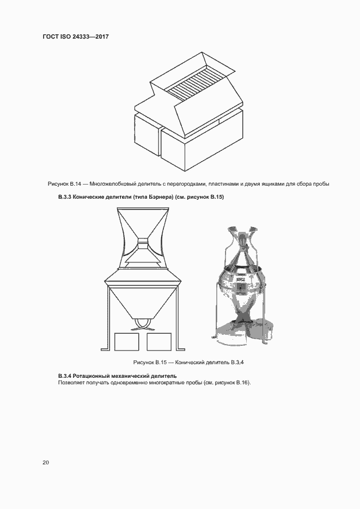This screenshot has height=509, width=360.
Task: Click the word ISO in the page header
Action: [x=68, y=38]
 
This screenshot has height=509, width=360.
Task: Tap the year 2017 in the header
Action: [x=102, y=38]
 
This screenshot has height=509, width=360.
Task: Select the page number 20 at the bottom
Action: [x=46, y=462]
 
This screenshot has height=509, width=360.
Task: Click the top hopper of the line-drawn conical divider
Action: [x=142, y=222]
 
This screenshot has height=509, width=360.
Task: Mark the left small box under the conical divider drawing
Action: [x=127, y=342]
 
